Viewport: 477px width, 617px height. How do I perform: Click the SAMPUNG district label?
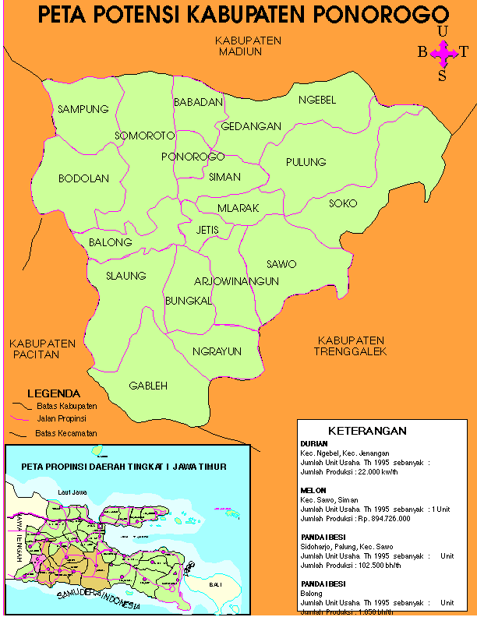pyautogui.click(x=83, y=109)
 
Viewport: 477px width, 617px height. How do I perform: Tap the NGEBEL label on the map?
pyautogui.click(x=317, y=100)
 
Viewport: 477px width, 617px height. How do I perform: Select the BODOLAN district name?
pyautogui.click(x=83, y=178)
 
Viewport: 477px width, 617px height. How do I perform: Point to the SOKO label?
pyautogui.click(x=343, y=203)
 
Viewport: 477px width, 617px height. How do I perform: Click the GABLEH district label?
pyautogui.click(x=148, y=386)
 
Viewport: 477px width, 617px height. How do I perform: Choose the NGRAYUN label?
pyautogui.click(x=217, y=351)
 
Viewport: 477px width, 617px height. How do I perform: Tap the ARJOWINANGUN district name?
pyautogui.click(x=235, y=281)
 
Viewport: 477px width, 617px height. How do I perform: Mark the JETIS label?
pyautogui.click(x=208, y=230)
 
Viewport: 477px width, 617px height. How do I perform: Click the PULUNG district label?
pyautogui.click(x=306, y=162)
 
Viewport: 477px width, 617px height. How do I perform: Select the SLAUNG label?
pyautogui.click(x=126, y=276)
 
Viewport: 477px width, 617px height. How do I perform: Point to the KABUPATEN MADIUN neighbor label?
pyautogui.click(x=249, y=46)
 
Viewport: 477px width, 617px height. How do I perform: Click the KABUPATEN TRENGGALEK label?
pyautogui.click(x=351, y=346)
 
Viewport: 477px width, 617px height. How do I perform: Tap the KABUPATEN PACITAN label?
pyautogui.click(x=42, y=348)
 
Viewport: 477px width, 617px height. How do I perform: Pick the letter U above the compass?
pyautogui.click(x=443, y=31)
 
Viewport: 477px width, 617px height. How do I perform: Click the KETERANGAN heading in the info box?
pyautogui.click(x=367, y=431)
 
